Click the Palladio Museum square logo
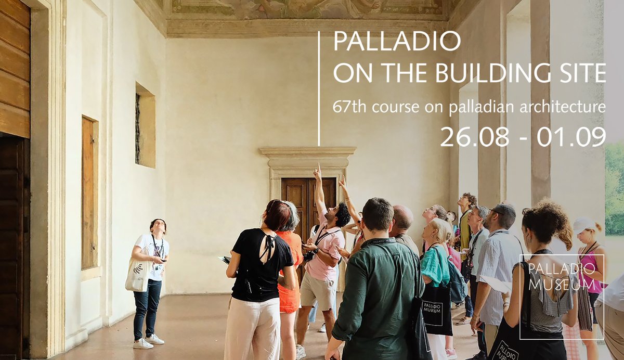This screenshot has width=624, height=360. pos(562,297)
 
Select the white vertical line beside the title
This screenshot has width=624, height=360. pos(319,88)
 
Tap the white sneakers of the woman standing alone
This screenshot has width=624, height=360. pos(149,341)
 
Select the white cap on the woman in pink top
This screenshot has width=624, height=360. pos(584,225)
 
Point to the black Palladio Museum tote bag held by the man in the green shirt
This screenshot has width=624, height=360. pos(436,311)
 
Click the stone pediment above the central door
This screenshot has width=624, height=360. pos(307,152)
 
